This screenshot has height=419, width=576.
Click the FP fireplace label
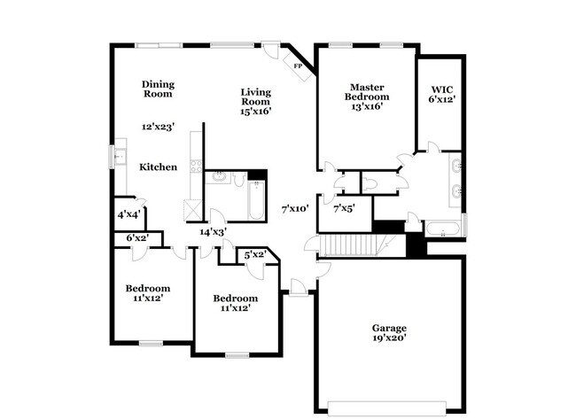pyautogui.click(x=298, y=66)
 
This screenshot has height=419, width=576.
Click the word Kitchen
pyautogui.click(x=158, y=167)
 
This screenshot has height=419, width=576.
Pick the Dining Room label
pyautogui.click(x=158, y=89)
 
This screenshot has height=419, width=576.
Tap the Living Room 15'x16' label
pyautogui.click(x=255, y=101)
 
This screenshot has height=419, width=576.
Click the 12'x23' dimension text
pyautogui.click(x=159, y=127)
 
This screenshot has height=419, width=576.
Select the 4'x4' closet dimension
pyautogui.click(x=128, y=215)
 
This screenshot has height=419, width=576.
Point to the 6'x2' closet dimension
pyautogui.click(x=136, y=237)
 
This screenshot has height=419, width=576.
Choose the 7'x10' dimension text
pyautogui.click(x=295, y=209)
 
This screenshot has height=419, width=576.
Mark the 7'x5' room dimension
pyautogui.click(x=345, y=209)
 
